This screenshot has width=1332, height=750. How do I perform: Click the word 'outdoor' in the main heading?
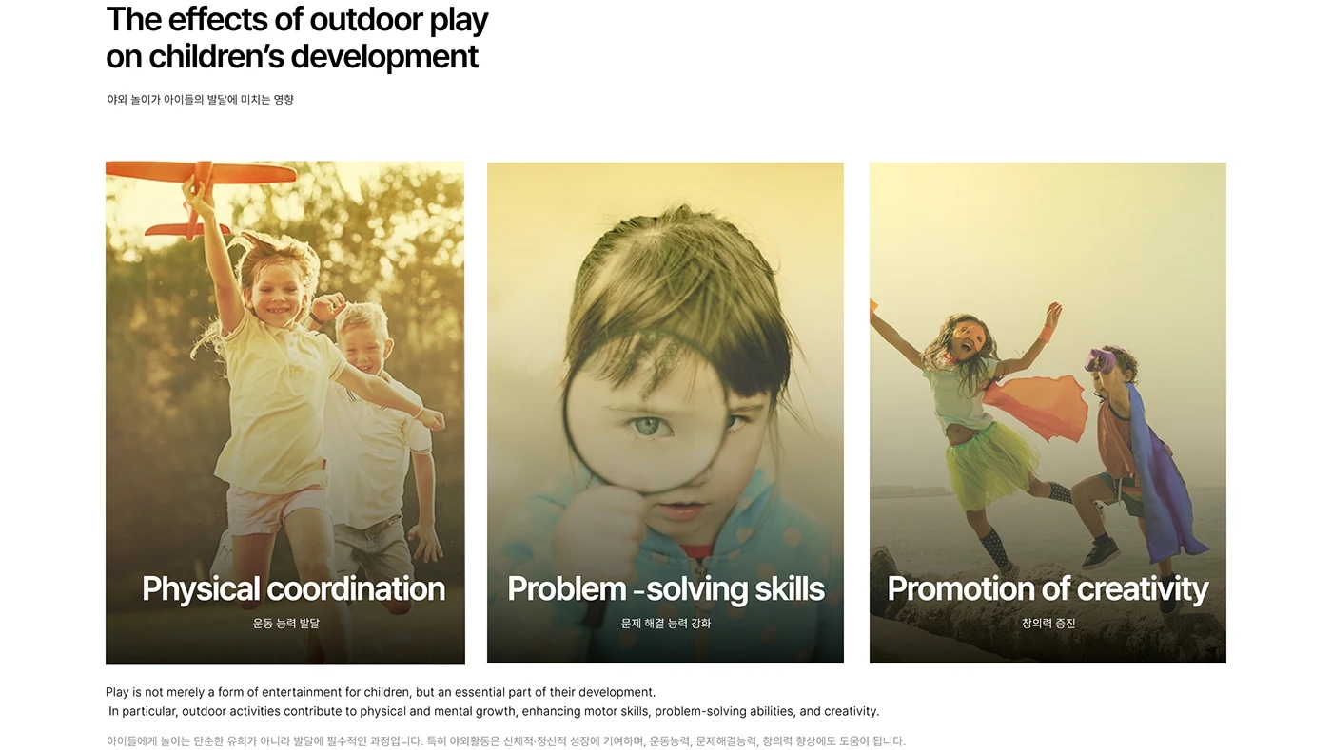pos(365,20)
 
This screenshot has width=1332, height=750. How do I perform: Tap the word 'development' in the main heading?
pos(384,57)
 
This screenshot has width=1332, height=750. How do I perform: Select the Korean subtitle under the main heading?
pos(200,100)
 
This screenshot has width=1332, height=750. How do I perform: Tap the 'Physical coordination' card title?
pos(293,589)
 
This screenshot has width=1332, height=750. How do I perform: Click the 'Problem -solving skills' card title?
pos(666,589)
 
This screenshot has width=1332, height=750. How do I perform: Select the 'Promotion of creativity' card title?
pos(1048,589)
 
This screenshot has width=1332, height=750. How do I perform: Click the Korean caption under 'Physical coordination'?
pos(286,624)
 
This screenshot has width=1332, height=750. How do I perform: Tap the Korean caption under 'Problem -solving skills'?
pos(666,624)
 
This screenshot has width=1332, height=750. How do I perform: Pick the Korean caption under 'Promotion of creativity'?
pos(1048,624)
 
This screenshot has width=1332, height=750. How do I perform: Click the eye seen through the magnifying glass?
pos(647,426)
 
